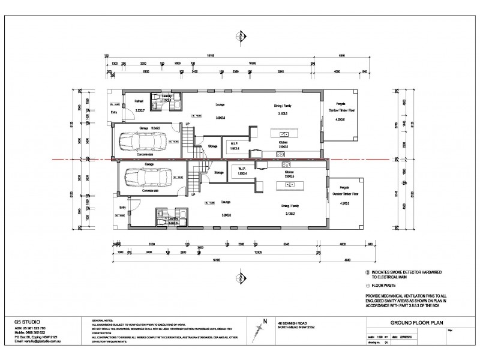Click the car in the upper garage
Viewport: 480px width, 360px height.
click(139, 143)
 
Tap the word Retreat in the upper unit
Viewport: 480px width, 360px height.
click(139, 102)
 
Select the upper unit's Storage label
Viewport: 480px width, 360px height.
click(212, 145)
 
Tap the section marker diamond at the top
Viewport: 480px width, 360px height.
click(241, 35)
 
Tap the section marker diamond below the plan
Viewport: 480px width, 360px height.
click(241, 277)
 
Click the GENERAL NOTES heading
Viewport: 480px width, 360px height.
click(103, 322)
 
